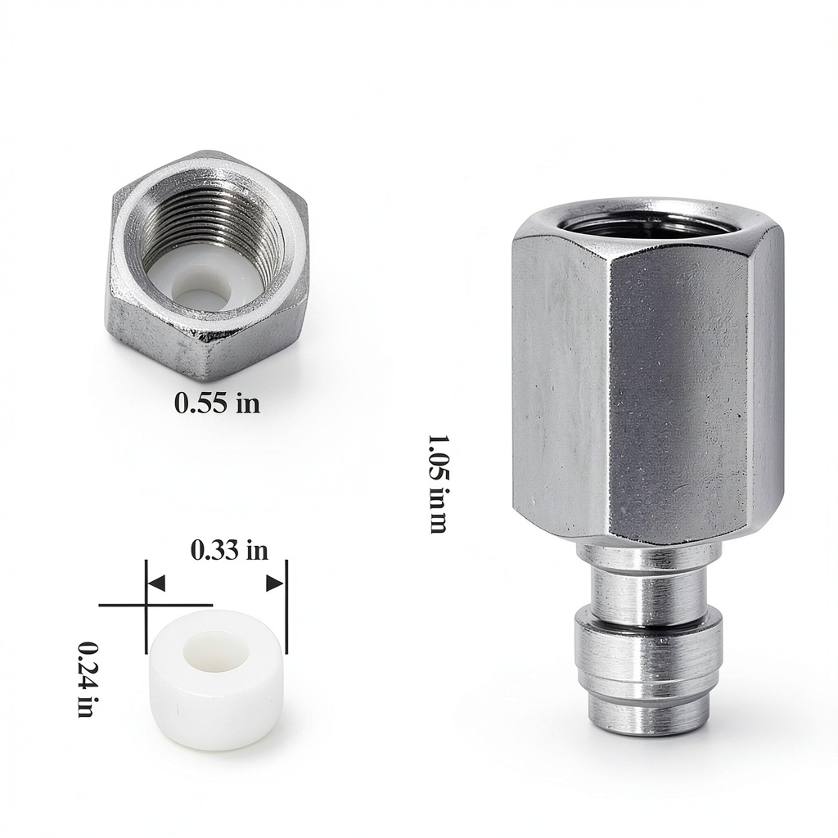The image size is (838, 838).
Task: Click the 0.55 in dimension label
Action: pos(218,403)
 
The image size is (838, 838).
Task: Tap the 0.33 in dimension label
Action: pos(229,550)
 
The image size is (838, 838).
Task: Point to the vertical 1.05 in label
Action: pos(438,484)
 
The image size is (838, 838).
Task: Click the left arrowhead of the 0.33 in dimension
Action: pos(156,583)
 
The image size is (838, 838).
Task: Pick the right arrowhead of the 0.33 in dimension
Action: pos(275,583)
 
